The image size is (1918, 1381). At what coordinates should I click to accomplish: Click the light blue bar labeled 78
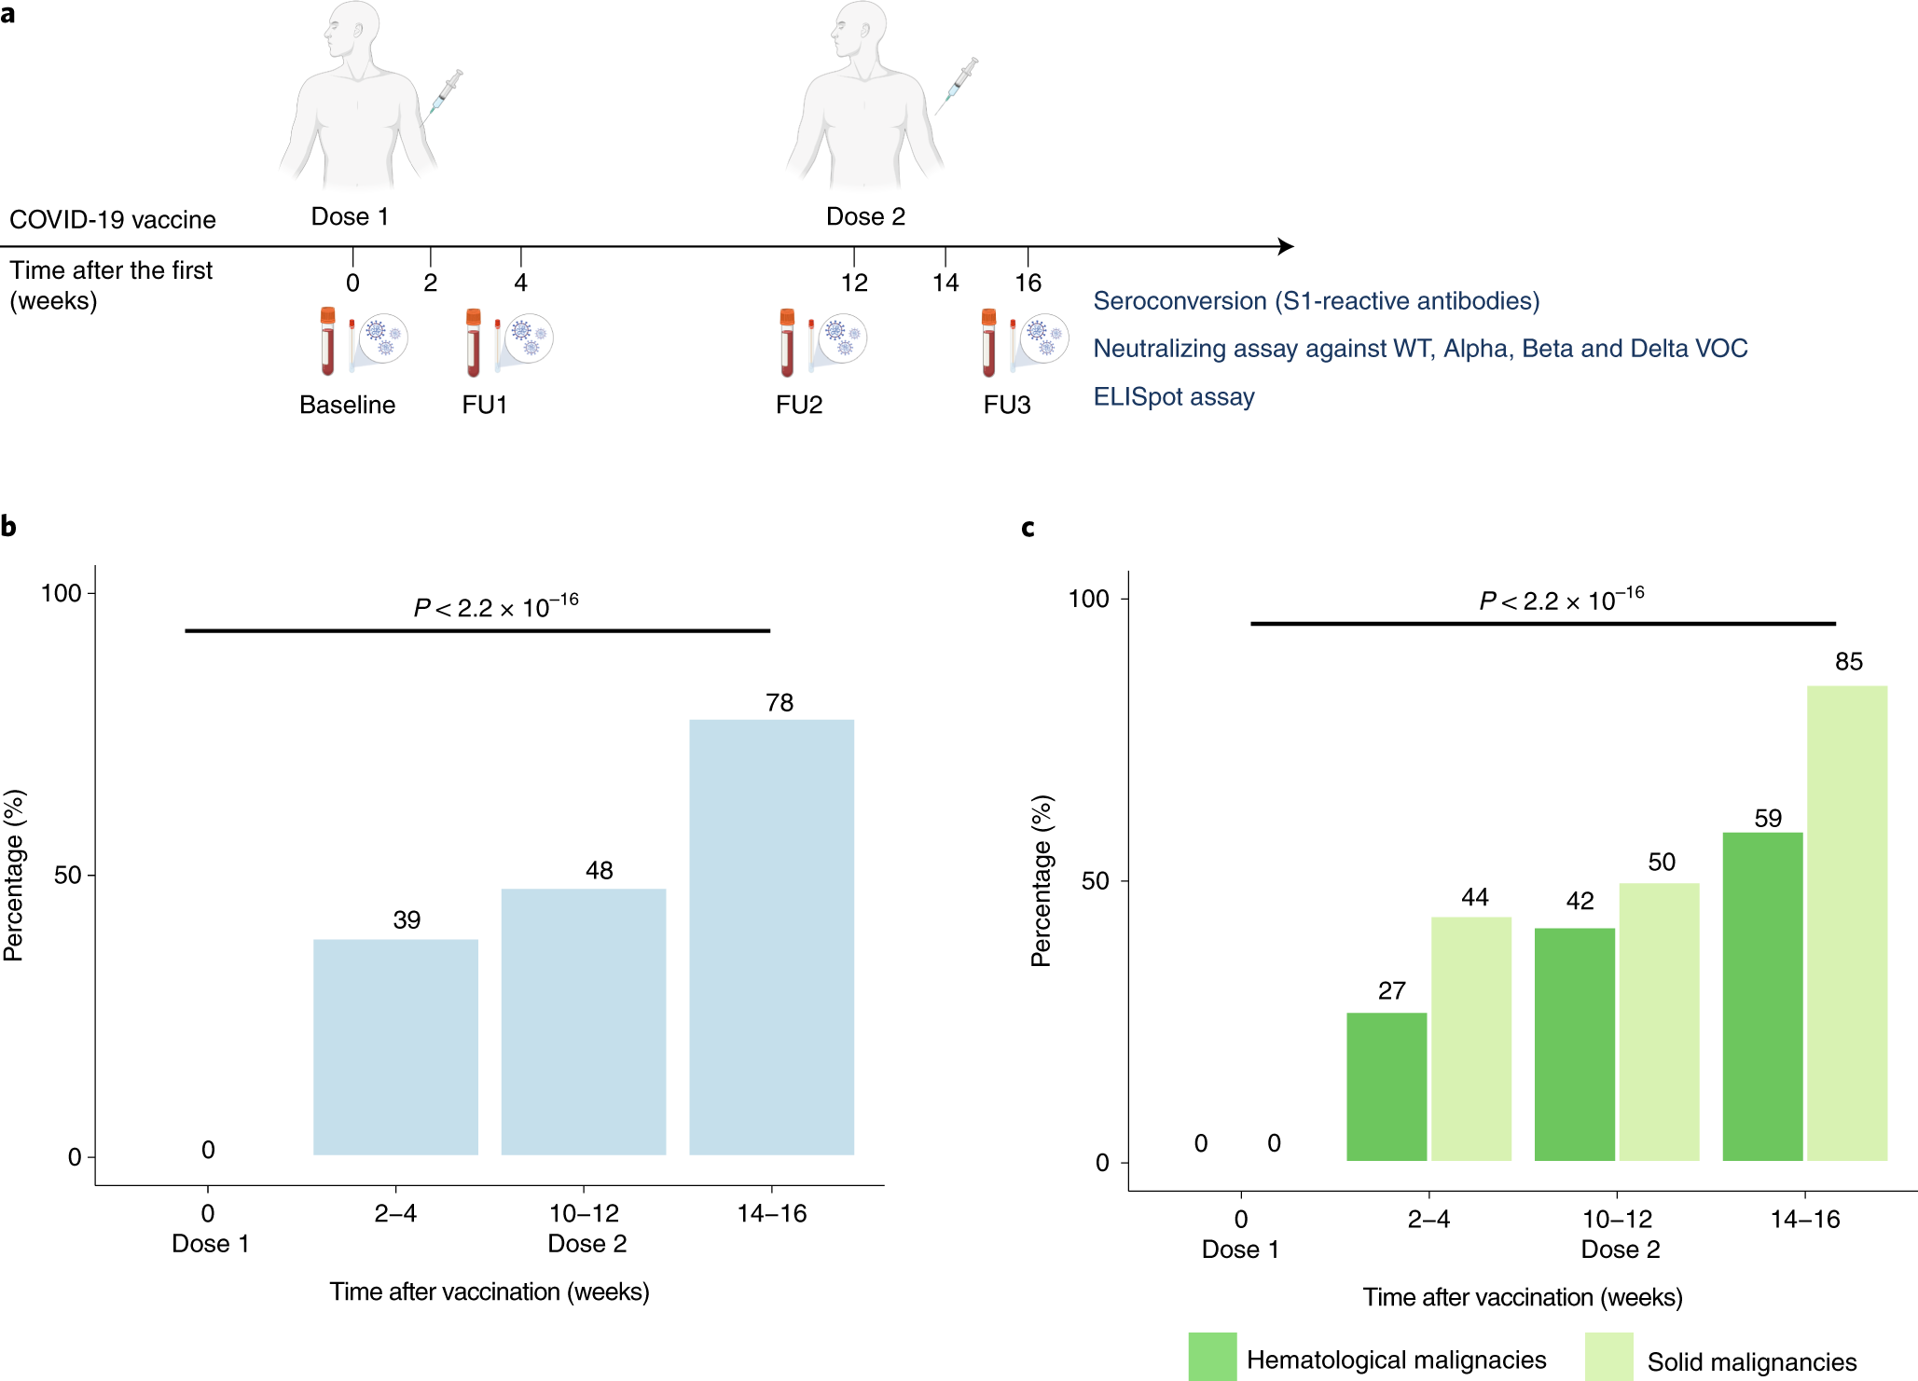click(771, 936)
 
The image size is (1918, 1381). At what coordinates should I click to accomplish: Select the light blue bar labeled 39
click(395, 1046)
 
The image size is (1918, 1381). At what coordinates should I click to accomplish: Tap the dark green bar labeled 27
click(1386, 1086)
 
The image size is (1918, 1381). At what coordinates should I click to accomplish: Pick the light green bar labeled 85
click(1846, 923)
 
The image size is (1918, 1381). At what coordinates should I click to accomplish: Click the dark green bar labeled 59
click(1761, 996)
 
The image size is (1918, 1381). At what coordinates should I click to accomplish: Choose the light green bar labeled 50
click(1659, 1021)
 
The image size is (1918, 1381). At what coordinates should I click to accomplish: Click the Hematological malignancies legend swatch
click(1212, 1357)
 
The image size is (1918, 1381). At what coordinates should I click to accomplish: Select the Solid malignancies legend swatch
click(1608, 1357)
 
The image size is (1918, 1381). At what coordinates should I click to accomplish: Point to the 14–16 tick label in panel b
click(771, 1213)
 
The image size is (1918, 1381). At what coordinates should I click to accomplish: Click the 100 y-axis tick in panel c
click(1087, 599)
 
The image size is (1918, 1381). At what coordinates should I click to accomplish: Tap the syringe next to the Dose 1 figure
click(446, 94)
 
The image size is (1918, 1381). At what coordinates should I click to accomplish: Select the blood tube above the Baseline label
click(327, 341)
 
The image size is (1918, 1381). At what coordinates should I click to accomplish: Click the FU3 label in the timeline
click(1006, 405)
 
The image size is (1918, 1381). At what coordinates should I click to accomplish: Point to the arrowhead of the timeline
click(1287, 246)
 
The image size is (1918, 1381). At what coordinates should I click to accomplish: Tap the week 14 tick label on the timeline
click(945, 283)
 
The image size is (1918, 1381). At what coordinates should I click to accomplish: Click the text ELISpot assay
click(1173, 397)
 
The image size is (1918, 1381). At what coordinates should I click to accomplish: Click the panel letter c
click(1028, 528)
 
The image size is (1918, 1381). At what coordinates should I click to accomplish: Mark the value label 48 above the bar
click(599, 870)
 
